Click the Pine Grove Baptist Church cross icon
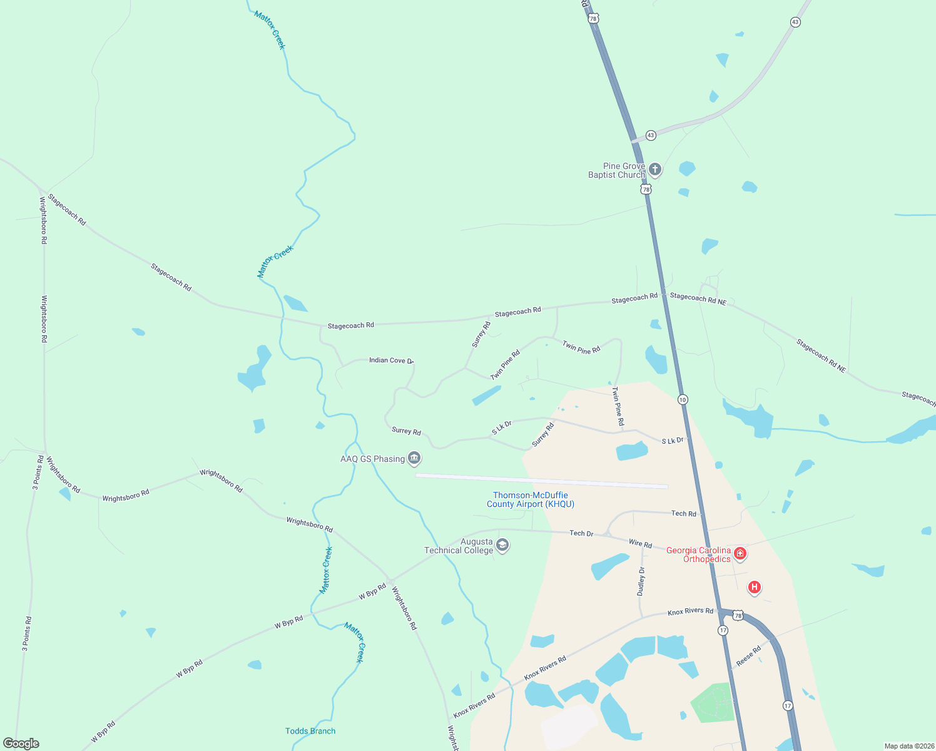[654, 169]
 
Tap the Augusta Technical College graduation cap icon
[502, 546]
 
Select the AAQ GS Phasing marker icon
[414, 459]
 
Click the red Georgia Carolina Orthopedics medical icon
[740, 553]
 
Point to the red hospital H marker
[755, 587]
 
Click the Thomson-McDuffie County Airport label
[531, 499]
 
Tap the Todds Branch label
[310, 731]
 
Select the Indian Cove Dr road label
[391, 360]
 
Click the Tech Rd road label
[683, 514]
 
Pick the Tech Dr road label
[581, 533]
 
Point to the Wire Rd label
[640, 544]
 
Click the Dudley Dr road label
[641, 581]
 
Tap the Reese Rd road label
[748, 656]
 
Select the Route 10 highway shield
[683, 399]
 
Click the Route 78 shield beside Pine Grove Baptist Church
[646, 189]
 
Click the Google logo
[21, 743]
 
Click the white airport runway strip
[542, 481]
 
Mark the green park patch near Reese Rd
[713, 703]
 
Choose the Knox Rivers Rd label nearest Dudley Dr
[690, 611]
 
